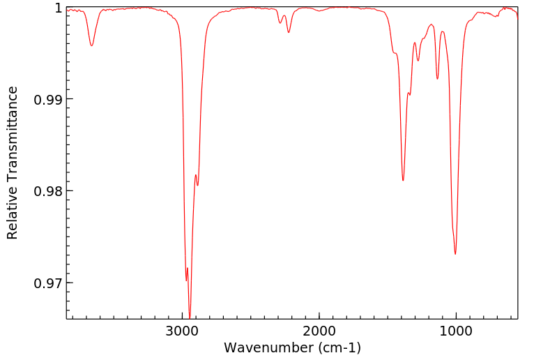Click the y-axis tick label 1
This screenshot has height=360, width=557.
[x=58, y=8]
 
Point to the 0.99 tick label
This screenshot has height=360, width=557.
[x=47, y=99]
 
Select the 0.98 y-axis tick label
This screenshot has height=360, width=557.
[x=47, y=191]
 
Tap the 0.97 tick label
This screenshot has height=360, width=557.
[x=47, y=283]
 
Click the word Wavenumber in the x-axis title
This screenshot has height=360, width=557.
[x=268, y=347]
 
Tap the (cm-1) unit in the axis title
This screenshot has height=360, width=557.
[x=338, y=347]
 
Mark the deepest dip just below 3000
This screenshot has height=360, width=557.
[x=190, y=315]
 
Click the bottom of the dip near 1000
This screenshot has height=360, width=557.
[x=455, y=254]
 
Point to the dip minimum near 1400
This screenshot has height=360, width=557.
[x=403, y=181]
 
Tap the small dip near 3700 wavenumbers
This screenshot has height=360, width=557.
[x=91, y=46]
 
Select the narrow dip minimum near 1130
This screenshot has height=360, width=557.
[x=438, y=79]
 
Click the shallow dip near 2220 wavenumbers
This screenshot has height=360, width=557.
[x=289, y=32]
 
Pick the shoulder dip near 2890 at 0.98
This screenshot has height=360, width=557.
[x=197, y=185]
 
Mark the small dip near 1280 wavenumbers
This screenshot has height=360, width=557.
[x=418, y=61]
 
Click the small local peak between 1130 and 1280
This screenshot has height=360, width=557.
[x=432, y=24]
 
